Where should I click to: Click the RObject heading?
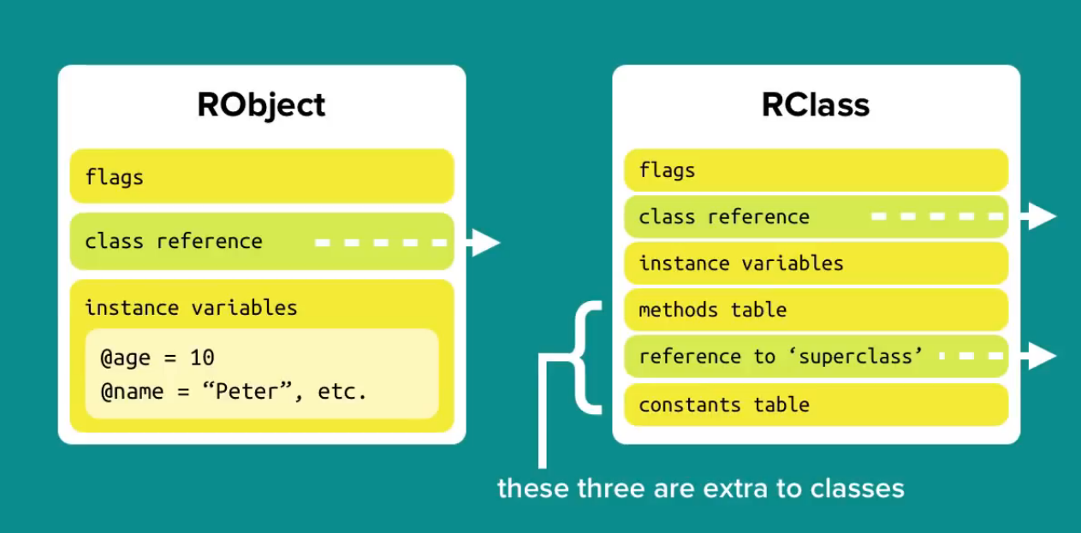tap(261, 104)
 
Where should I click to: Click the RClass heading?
tap(815, 104)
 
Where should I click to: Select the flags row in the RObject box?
tap(261, 177)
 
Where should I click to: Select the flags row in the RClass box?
tap(815, 170)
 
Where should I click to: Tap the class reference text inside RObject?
tap(174, 241)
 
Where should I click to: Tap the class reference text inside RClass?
tap(724, 217)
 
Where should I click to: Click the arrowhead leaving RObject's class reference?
tap(484, 243)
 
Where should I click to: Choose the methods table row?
tap(815, 310)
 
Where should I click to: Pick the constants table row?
tap(815, 405)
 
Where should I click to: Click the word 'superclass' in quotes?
tap(853, 357)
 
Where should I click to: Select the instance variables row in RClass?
tap(815, 264)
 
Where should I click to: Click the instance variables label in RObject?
tap(191, 308)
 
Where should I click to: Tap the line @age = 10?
tap(157, 357)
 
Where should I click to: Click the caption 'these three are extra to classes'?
tap(700, 489)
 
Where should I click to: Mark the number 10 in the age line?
tap(203, 357)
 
